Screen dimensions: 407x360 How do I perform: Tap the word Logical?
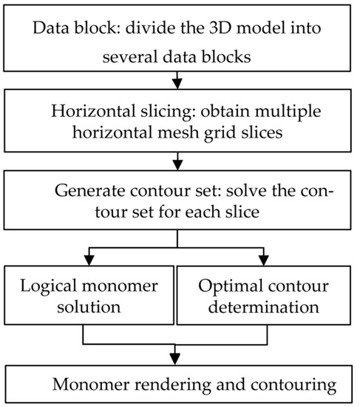pos(44,285)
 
